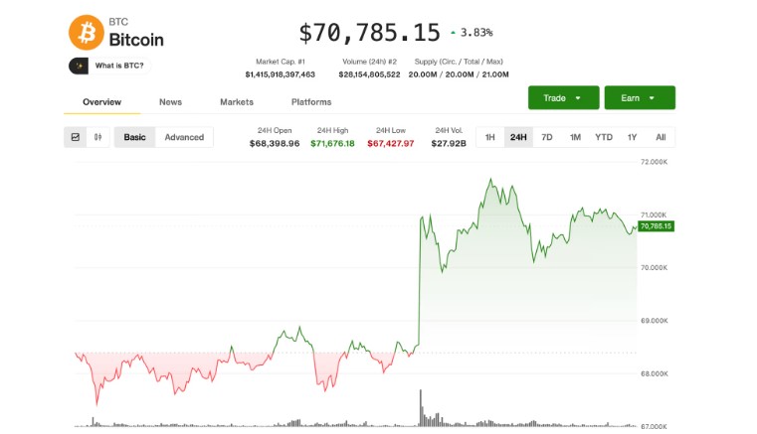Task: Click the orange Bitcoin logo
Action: coord(86,32)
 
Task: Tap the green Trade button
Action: coord(563,97)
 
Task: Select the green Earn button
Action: coord(639,97)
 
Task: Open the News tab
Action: coord(170,101)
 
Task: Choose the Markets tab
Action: coord(237,101)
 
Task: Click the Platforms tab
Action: coord(311,101)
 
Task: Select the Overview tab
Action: coord(101,101)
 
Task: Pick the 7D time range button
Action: coord(546,137)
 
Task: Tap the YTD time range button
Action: coord(603,137)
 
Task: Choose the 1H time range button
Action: coord(489,137)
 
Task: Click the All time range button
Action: coord(661,137)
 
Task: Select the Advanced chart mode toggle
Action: coord(184,137)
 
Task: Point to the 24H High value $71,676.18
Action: coord(332,143)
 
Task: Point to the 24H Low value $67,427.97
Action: coord(391,143)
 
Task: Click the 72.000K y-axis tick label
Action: coord(655,161)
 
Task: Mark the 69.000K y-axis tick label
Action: coord(655,320)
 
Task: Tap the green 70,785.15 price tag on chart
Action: coord(657,226)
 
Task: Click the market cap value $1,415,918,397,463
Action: coord(281,74)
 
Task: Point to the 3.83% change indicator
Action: coord(471,33)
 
